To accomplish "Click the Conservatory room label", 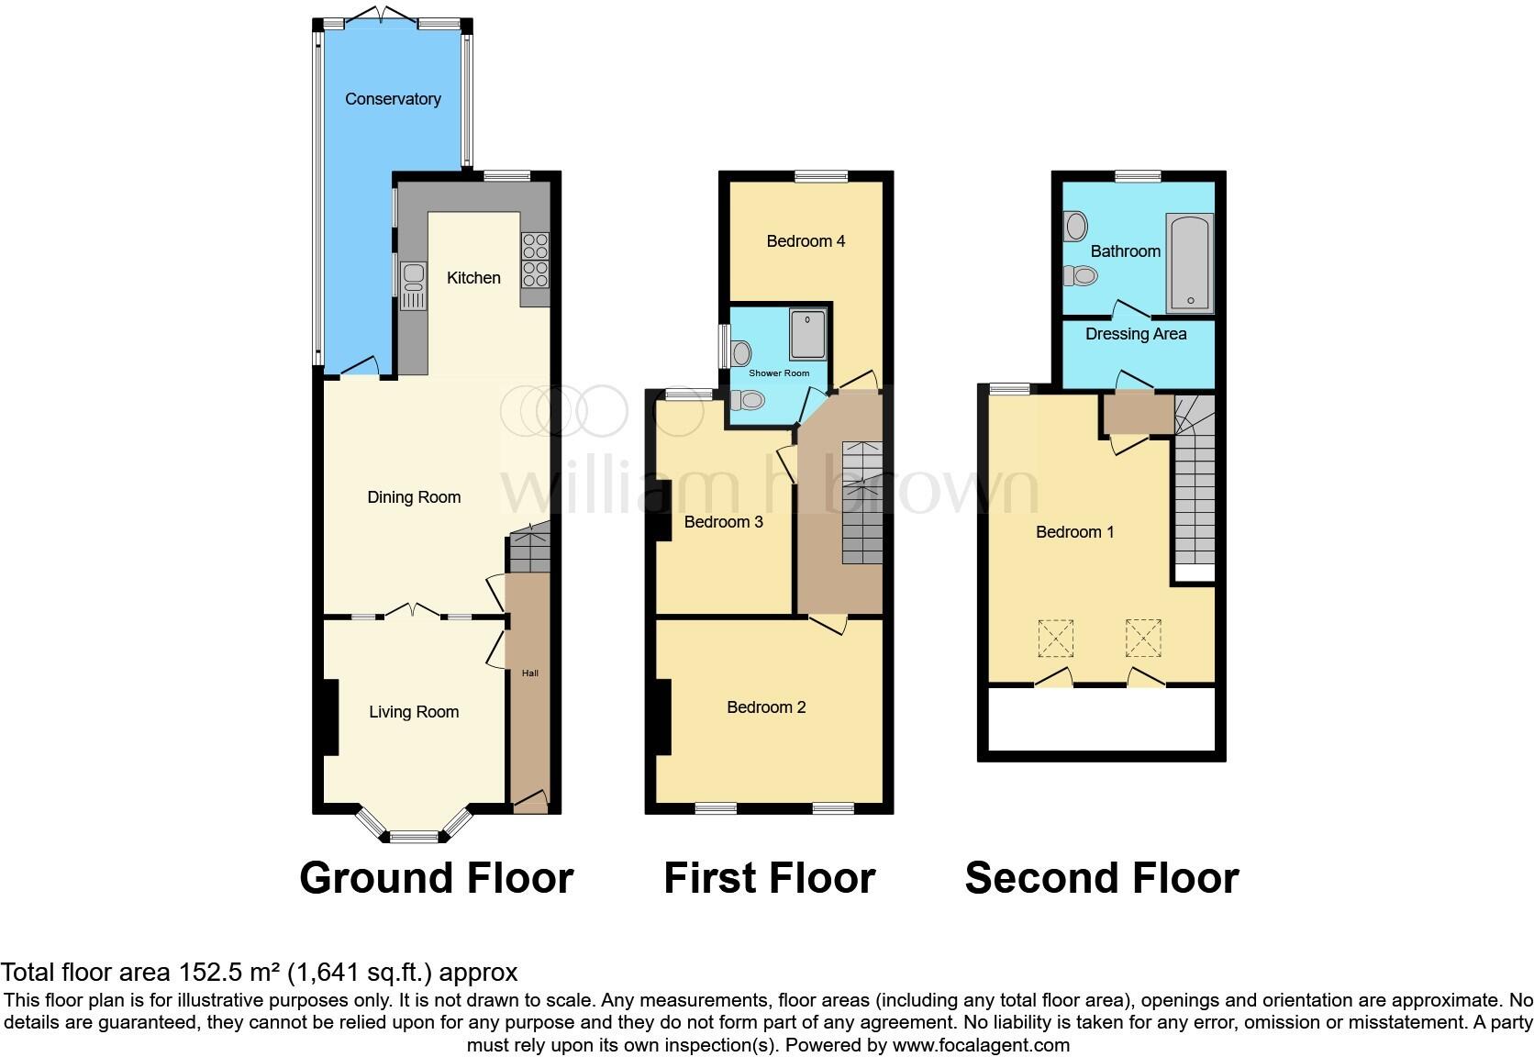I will (x=393, y=99).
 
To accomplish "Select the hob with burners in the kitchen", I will (x=535, y=261).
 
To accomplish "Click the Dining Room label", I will (x=414, y=497).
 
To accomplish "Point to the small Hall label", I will (x=530, y=673).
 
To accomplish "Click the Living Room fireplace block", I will (x=330, y=716).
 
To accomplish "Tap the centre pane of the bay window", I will (x=414, y=836).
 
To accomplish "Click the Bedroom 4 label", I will (x=806, y=241).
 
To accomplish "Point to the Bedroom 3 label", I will (x=723, y=522).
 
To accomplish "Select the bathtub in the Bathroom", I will (x=1190, y=264).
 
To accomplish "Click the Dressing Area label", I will (x=1136, y=334).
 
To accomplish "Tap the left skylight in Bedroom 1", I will (x=1055, y=639).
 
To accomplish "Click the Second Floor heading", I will (x=1101, y=878).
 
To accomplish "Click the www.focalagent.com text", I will (x=979, y=1044).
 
